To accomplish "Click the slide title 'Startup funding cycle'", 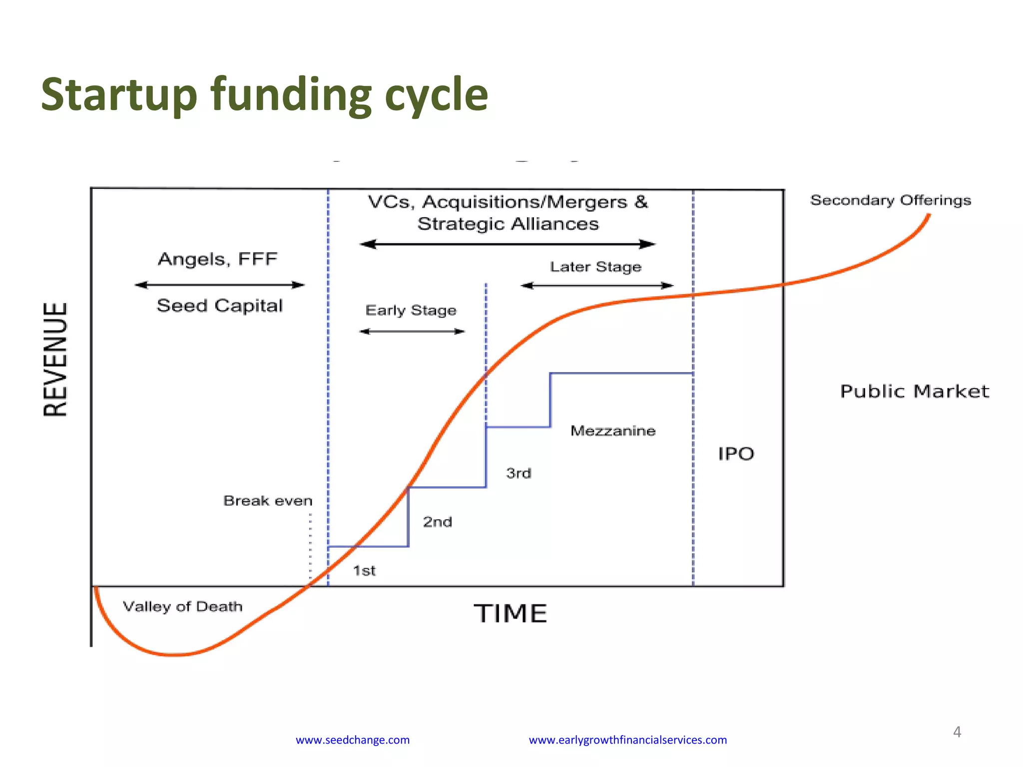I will point(264,94).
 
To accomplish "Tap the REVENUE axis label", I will point(55,359).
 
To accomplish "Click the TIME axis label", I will point(510,613).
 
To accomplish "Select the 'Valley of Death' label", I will point(182,607).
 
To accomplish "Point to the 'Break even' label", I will point(268,501).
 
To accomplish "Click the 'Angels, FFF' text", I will point(217,259).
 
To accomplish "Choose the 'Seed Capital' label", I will point(219,306).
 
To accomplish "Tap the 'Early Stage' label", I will point(411,311).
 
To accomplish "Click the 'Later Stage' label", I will point(595,267).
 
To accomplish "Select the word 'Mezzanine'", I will point(613,431).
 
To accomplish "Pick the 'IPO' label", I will point(736,454).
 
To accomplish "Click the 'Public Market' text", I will point(914,391).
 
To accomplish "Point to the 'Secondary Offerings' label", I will point(890,200).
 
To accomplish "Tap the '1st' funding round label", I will point(364,571).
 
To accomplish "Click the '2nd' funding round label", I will point(437,522).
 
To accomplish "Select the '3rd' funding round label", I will point(518,473).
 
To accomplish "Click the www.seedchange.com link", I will point(352,740).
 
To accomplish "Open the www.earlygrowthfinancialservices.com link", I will point(627,740).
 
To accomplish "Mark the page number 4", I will point(957,732).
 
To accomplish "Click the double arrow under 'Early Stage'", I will point(412,332).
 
